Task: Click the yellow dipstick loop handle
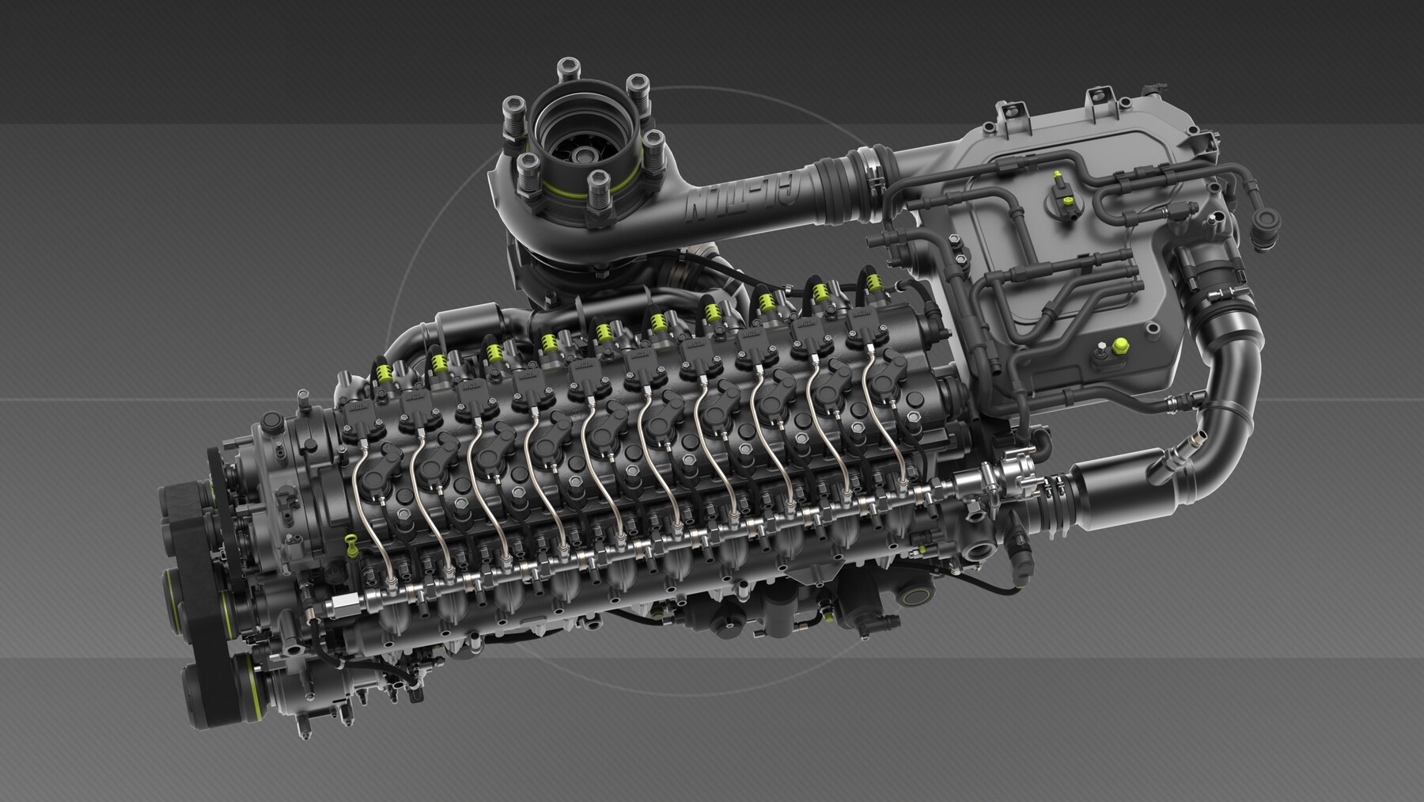(x=349, y=542)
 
